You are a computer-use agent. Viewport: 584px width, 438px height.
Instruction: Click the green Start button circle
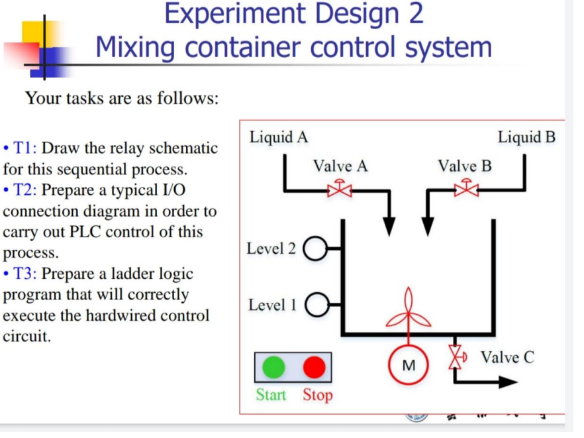coord(273,367)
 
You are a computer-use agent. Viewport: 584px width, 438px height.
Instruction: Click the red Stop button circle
coord(315,367)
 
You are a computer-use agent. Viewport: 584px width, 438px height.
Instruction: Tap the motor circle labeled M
coord(409,365)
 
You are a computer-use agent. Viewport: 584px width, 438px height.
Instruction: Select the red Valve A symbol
coord(340,188)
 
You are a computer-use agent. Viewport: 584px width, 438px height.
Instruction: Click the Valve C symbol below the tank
coord(456,356)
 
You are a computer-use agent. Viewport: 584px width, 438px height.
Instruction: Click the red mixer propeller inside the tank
coord(409,311)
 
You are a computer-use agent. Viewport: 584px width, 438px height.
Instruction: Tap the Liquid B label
coord(526,137)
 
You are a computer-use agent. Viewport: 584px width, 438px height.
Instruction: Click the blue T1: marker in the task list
coord(27,148)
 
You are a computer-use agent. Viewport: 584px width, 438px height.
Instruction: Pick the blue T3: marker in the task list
coord(27,274)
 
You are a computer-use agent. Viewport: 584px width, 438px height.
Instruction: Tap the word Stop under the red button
coord(318,395)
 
